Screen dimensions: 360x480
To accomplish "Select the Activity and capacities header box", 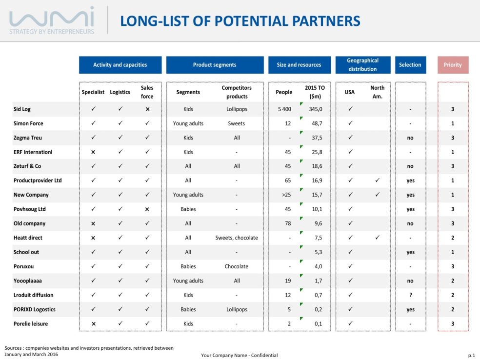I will point(120,65).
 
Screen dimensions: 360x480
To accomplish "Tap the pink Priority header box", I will point(453,65).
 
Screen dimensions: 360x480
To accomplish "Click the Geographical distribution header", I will point(362,65).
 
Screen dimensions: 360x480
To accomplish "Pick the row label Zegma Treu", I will point(28,138).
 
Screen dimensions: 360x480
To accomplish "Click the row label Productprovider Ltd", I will point(38,180).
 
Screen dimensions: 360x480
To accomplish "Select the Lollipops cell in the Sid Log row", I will point(237,109).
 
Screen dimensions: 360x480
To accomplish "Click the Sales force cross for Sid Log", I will point(147,109).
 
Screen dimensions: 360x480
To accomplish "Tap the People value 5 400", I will point(284,109).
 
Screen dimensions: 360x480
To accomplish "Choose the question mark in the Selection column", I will point(410,295).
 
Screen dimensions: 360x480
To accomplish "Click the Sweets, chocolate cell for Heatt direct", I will point(237,238).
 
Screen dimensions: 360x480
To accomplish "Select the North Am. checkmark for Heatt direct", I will point(377,238).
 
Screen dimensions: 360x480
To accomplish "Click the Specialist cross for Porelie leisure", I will point(93,324).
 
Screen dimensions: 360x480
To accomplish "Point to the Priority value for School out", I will point(453,252).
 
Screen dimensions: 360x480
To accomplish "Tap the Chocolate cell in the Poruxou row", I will point(237,267).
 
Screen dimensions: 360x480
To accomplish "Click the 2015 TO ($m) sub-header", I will point(315,92).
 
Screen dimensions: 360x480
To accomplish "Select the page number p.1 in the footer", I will point(471,355).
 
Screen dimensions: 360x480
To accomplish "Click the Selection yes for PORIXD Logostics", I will point(410,310).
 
